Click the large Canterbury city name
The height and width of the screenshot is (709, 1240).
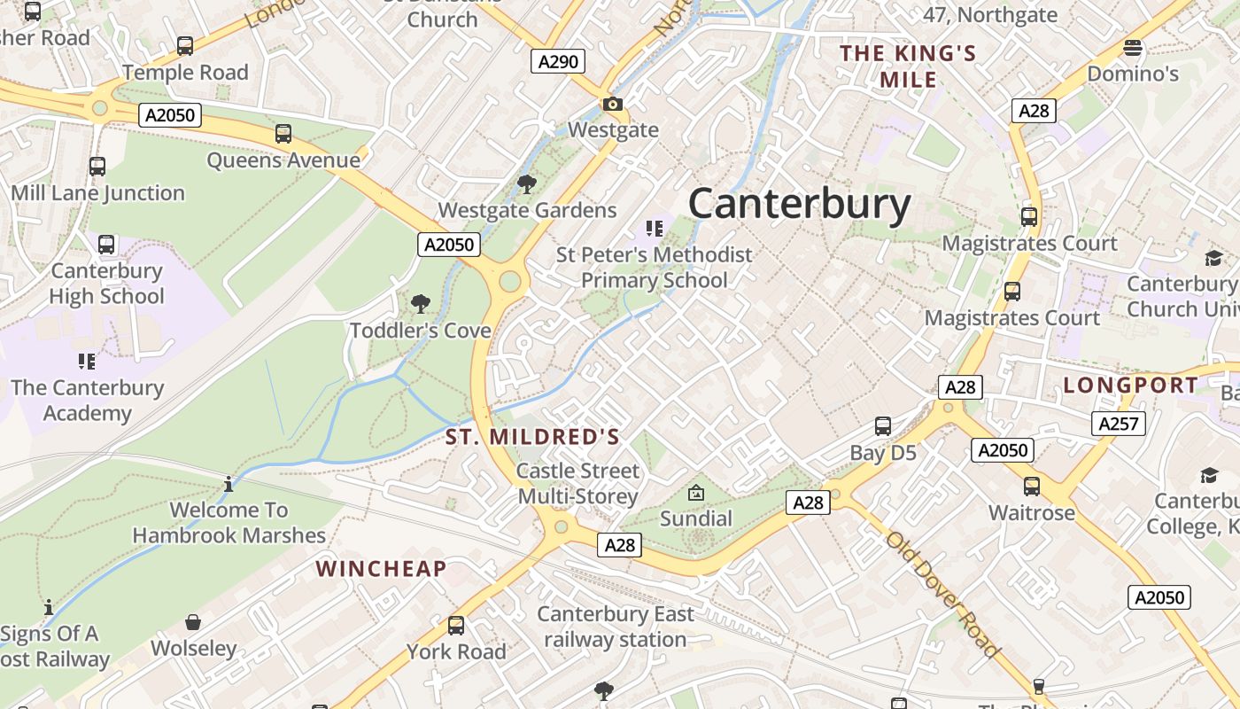point(799,204)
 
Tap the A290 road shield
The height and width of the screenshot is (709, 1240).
point(558,61)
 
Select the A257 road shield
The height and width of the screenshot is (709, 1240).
point(1118,424)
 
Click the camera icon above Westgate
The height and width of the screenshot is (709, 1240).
point(613,104)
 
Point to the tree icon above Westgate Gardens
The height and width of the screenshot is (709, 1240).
point(526,184)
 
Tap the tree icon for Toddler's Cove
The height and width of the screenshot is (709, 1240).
point(421,304)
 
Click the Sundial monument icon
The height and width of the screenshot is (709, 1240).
point(696,492)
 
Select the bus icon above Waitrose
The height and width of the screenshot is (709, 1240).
point(1032,486)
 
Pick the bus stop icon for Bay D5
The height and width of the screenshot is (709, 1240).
point(883,426)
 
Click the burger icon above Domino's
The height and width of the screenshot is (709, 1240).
point(1132,48)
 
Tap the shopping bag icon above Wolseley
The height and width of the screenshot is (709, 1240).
point(193,622)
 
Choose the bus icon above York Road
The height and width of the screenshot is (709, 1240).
point(456,626)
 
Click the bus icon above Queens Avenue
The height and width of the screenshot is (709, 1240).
point(283,134)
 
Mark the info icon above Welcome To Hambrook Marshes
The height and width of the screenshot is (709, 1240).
point(229,484)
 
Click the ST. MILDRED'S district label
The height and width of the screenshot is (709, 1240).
point(532,437)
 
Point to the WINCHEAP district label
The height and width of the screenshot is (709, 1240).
point(381,569)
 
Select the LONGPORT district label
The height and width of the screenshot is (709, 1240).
point(1130,386)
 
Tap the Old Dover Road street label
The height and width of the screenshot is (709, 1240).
point(943,594)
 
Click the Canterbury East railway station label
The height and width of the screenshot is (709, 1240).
point(616,627)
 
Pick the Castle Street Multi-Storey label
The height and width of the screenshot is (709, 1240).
point(577,483)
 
